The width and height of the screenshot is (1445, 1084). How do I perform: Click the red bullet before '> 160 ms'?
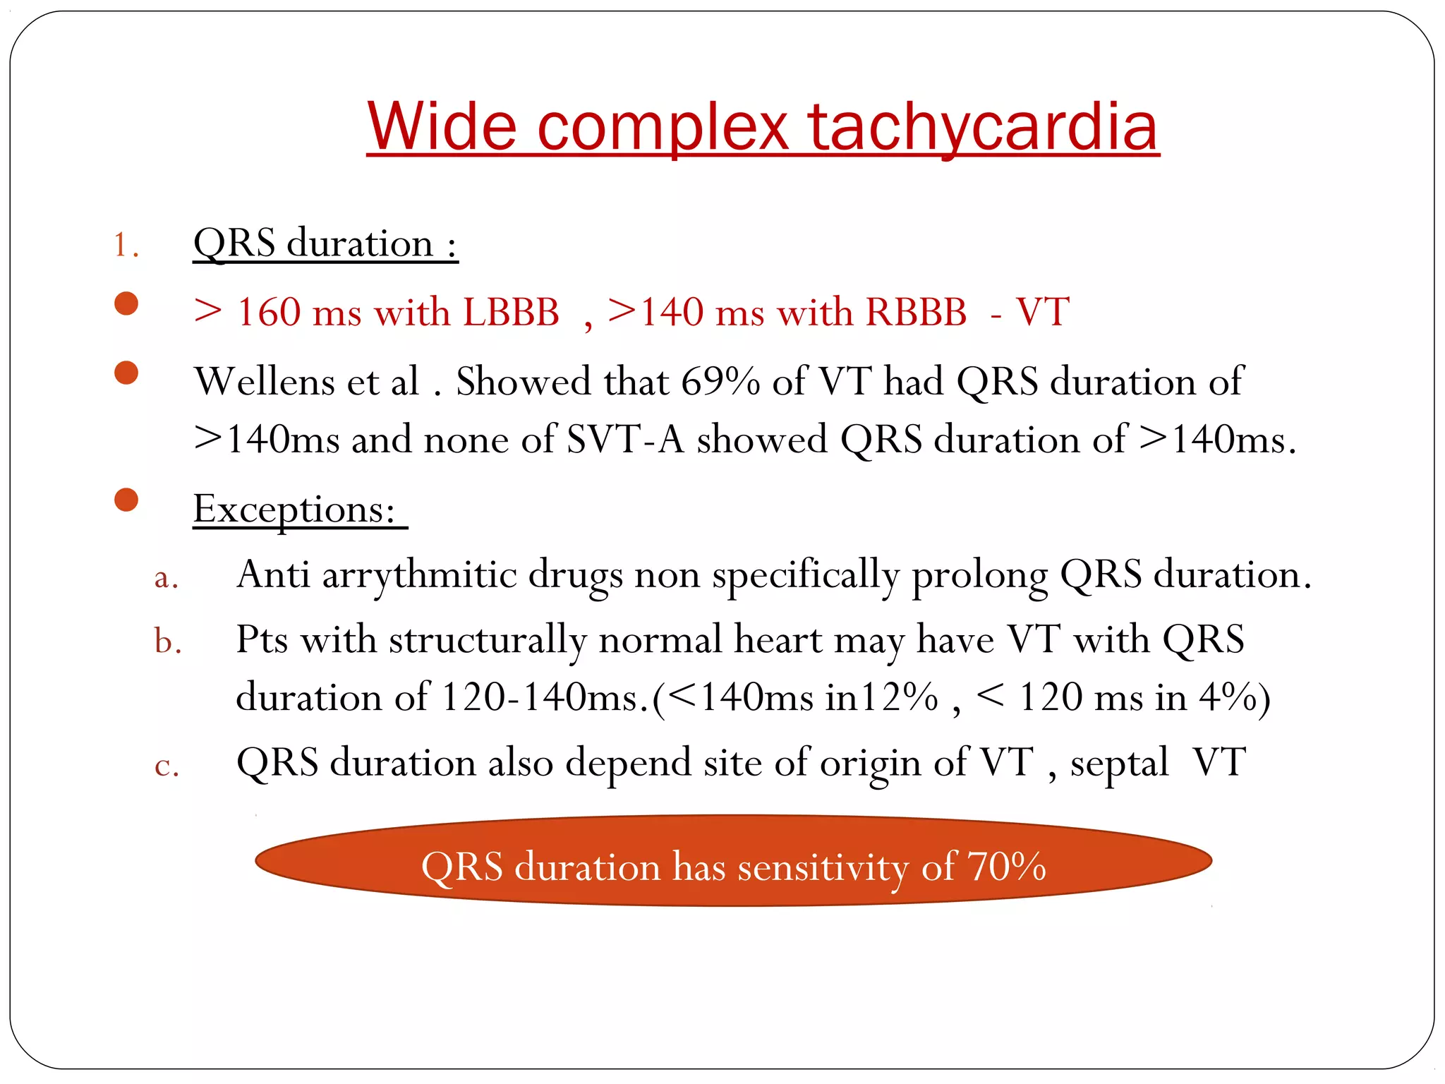tap(126, 303)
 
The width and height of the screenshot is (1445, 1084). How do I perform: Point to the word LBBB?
tap(511, 312)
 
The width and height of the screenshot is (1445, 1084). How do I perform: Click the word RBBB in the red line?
tap(916, 312)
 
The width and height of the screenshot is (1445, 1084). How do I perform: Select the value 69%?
tap(720, 382)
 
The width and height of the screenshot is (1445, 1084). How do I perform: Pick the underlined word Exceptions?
tap(294, 509)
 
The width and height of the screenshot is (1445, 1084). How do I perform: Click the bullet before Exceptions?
tap(126, 500)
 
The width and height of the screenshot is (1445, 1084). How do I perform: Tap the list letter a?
tap(166, 577)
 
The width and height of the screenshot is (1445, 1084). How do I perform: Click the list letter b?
tap(168, 642)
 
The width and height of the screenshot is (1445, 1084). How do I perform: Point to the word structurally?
tap(488, 640)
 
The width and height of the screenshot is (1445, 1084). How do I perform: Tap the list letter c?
tap(167, 766)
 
